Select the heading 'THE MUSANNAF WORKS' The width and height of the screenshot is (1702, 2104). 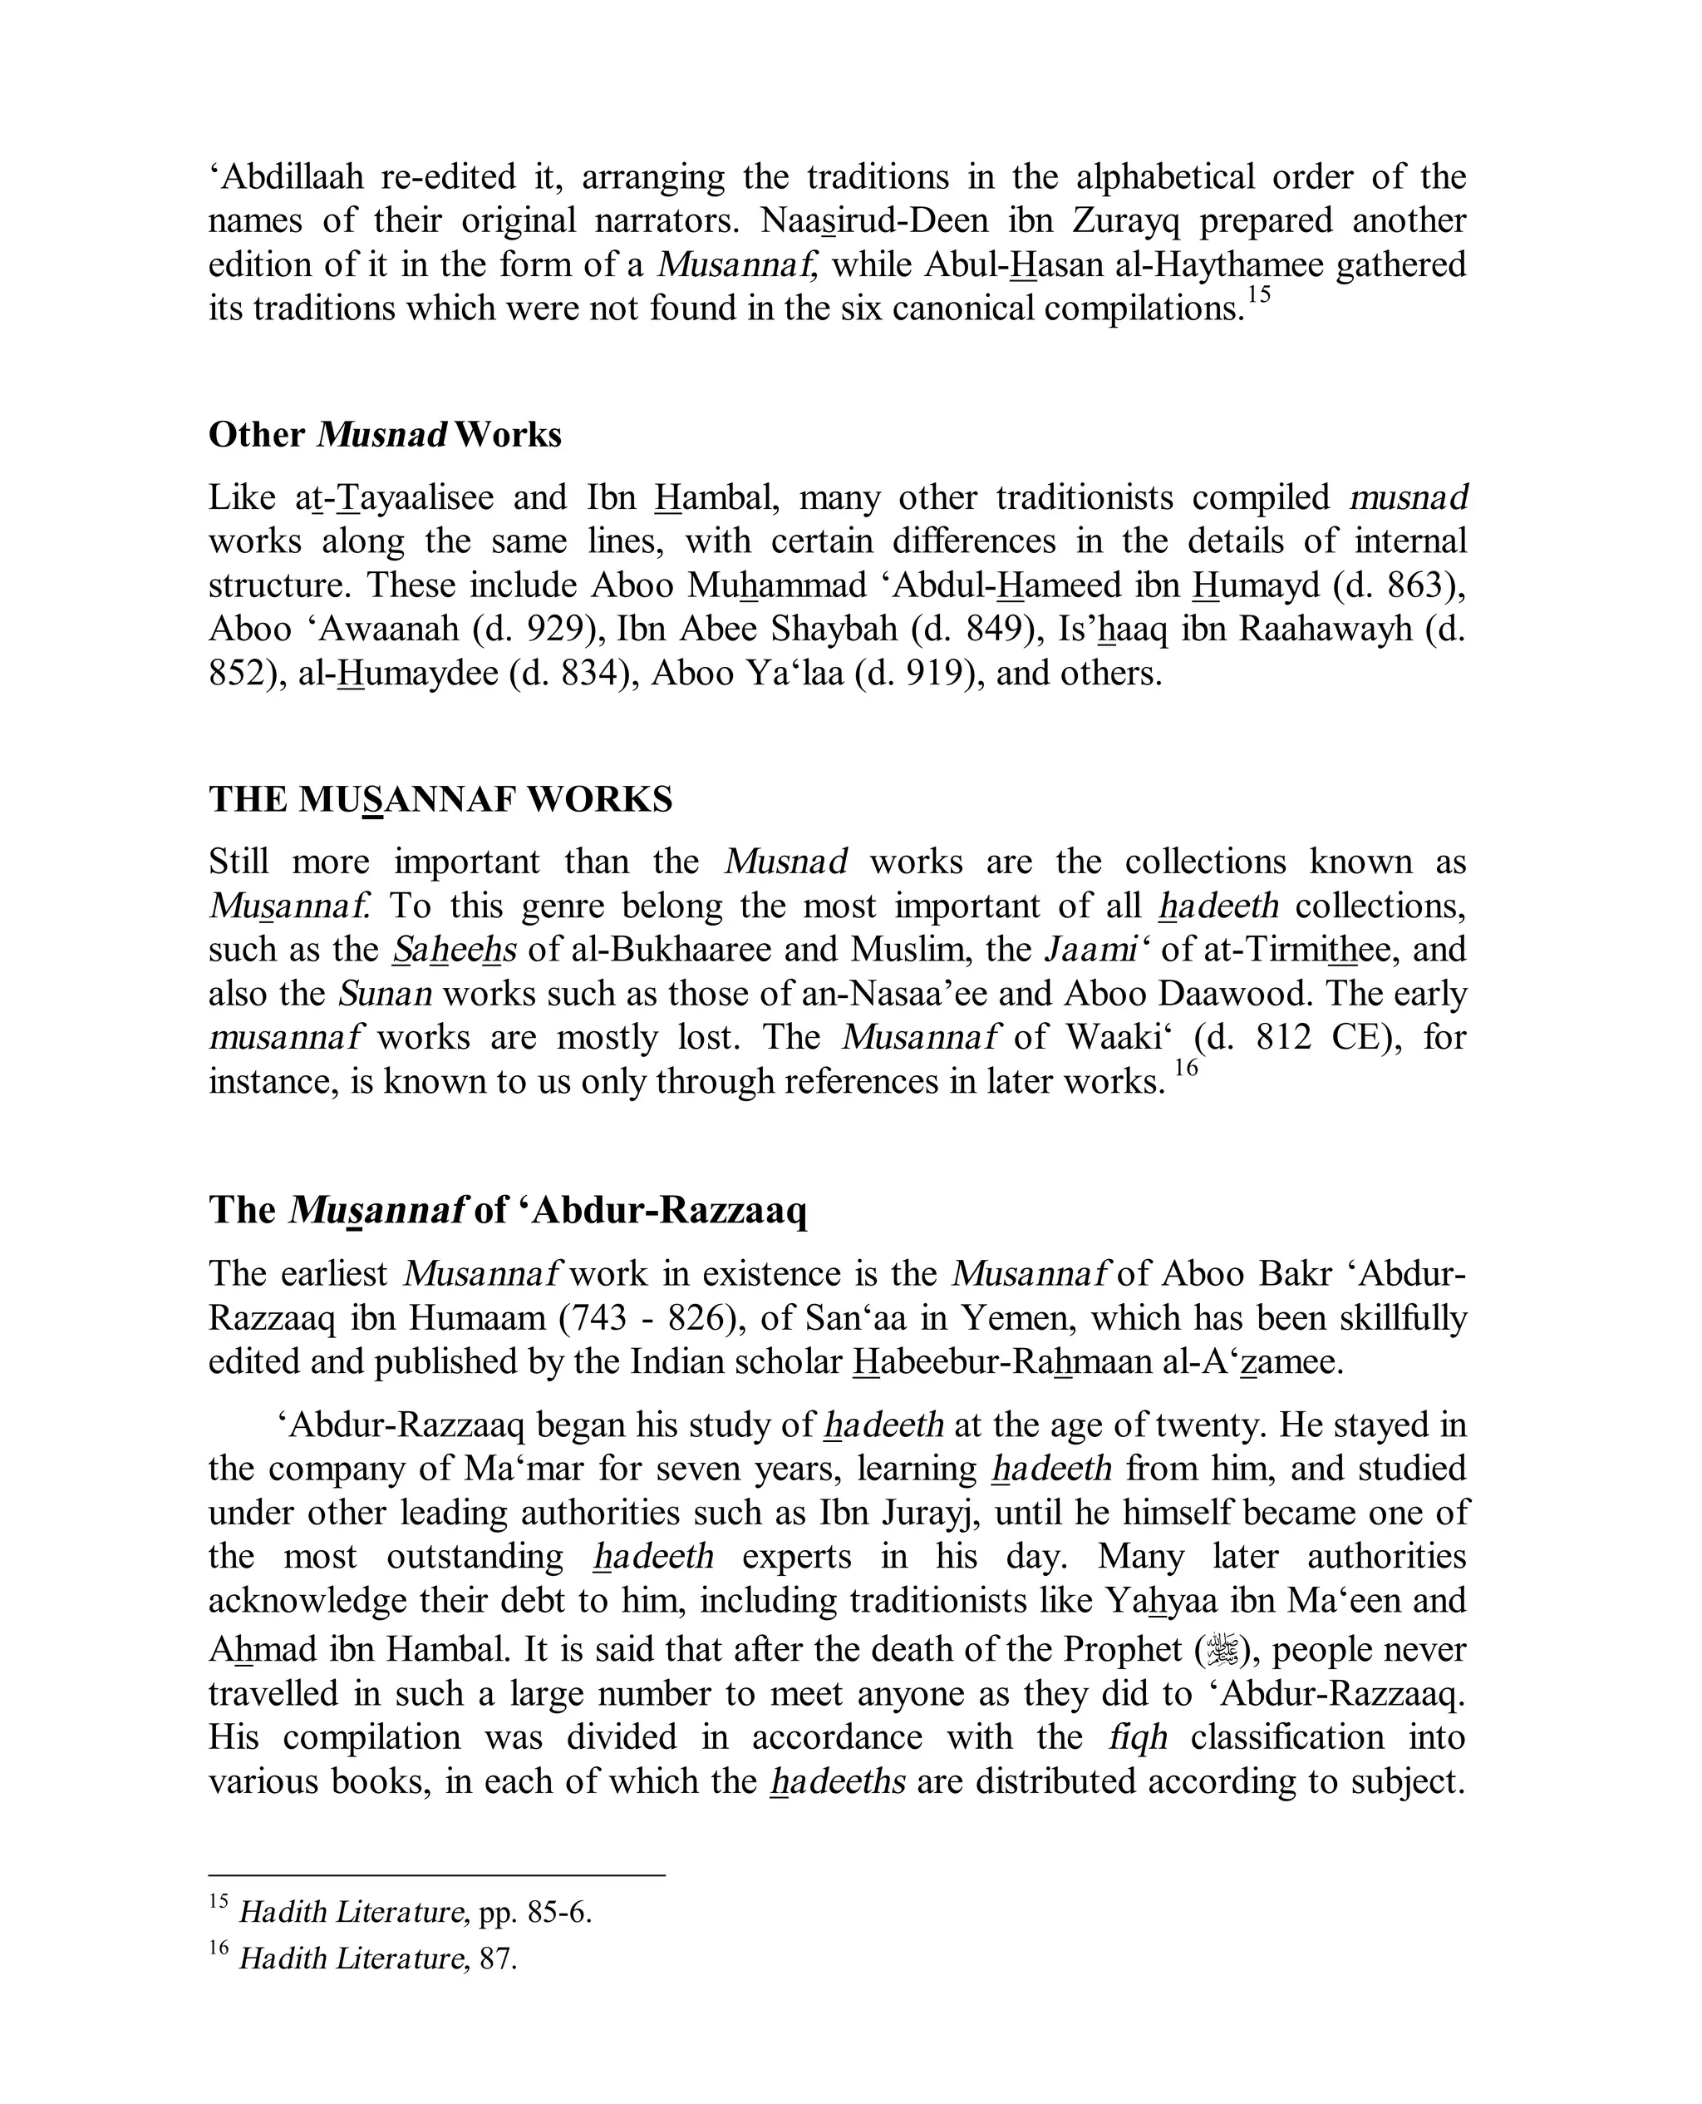(440, 799)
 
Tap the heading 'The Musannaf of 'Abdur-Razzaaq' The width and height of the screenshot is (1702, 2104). (507, 1209)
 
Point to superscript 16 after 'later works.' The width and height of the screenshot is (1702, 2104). (1186, 1068)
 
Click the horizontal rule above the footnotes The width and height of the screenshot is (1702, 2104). (437, 1875)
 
